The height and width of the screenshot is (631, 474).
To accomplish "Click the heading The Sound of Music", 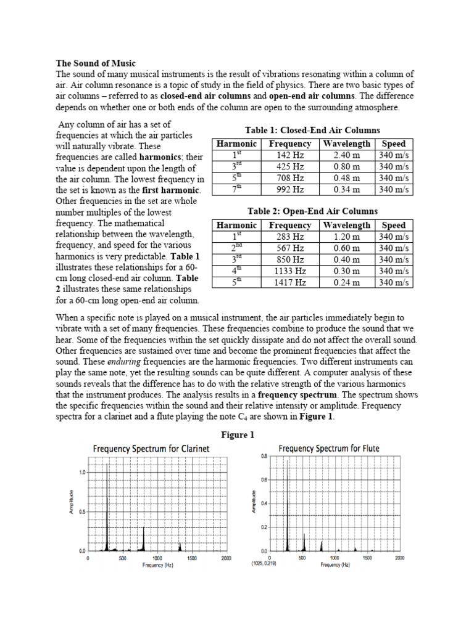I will coord(96,63).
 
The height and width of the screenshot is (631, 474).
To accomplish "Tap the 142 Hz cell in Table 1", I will coord(291,155).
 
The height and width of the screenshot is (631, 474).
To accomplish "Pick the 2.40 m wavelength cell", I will coord(346,155).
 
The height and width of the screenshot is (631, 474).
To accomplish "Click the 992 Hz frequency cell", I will coord(291,190).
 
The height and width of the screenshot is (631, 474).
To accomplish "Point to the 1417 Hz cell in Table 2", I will coord(291,283).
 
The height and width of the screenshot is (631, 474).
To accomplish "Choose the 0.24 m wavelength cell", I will coord(346,283).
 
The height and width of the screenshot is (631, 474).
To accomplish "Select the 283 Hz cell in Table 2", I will coord(291,237).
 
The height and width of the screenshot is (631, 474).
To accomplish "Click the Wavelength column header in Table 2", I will coord(346,226).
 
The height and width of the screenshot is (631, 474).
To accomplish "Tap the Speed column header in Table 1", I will coord(394,144).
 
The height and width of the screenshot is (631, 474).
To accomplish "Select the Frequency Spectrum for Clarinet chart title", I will coord(151,449).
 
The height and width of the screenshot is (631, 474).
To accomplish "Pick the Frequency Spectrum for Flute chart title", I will coord(329,448).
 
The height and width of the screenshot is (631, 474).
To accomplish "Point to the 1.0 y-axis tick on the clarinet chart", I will coord(81,472).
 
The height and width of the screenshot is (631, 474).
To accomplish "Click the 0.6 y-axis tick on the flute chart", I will coord(264,479).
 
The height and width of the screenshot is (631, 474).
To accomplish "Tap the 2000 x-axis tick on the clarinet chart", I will coord(226,558).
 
